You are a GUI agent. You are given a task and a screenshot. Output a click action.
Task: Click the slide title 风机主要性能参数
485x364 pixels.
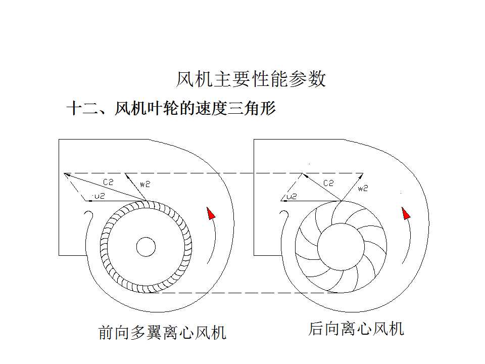tap(251, 79)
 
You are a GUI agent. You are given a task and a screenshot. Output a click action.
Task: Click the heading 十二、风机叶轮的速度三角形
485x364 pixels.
tap(171, 108)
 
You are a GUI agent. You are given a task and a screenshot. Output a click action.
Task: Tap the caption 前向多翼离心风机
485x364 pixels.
tap(162, 332)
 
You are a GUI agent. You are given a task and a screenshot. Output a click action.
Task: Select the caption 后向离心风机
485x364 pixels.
tap(356, 329)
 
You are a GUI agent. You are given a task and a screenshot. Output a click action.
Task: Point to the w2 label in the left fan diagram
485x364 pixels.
tap(145, 185)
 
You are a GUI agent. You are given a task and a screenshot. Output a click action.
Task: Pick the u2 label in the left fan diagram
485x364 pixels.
tap(99, 196)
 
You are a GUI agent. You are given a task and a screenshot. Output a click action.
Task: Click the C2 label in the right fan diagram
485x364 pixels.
tap(328, 184)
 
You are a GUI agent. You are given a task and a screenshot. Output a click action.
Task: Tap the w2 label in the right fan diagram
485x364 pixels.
tap(363, 189)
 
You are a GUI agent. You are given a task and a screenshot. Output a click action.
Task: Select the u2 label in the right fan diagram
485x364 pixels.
tap(292, 196)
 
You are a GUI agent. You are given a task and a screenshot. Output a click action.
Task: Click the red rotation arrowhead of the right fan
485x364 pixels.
tap(406, 213)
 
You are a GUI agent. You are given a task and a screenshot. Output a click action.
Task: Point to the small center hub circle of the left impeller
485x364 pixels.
tap(146, 247)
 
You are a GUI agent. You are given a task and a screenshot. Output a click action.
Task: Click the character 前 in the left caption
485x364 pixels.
tap(106, 333)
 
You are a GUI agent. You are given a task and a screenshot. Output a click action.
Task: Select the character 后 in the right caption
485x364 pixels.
tap(316, 329)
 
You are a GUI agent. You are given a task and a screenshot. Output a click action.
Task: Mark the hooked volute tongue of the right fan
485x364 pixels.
tap(284, 218)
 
